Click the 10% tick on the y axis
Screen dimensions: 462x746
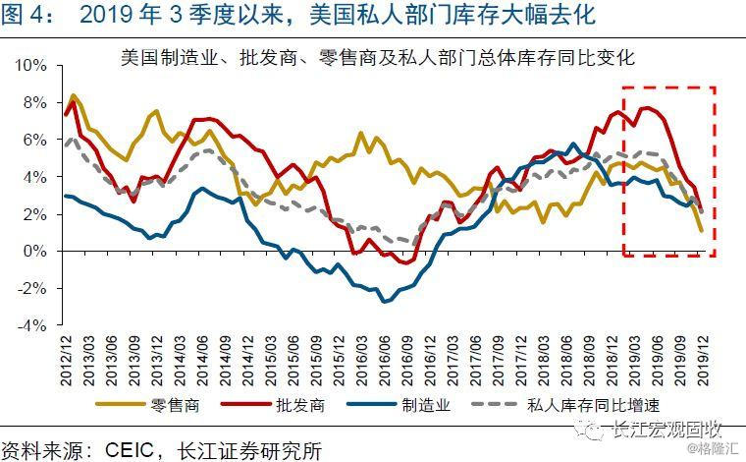(x=32, y=65)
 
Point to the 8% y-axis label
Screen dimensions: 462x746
(x=36, y=102)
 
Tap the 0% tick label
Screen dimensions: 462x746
(x=36, y=252)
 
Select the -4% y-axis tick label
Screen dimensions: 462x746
(x=34, y=325)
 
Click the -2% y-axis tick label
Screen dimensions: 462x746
(x=34, y=288)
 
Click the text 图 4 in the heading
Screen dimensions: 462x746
(x=27, y=16)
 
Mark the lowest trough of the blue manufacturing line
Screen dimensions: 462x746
(x=384, y=301)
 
